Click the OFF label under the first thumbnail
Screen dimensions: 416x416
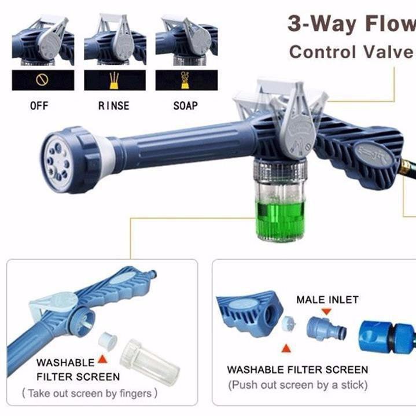pos(39,106)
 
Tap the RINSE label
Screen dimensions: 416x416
pos(114,106)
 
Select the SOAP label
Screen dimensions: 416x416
pos(186,106)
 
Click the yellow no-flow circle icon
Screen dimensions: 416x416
pos(42,80)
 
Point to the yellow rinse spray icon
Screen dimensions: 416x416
pos(115,80)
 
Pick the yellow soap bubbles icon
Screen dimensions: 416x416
pos(185,80)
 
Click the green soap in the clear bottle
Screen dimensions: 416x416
pos(280,219)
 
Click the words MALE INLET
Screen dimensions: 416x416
pos(327,300)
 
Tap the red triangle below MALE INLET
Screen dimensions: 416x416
pos(326,311)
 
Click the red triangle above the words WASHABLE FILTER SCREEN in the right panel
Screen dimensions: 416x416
pos(286,348)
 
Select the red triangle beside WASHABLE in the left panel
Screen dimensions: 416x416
pos(102,359)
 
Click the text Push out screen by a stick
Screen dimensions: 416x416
pos(298,385)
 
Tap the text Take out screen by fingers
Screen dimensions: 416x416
pos(90,393)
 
